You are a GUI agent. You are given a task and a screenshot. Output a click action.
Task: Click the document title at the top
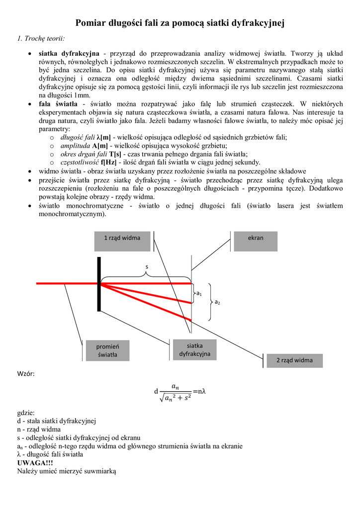pos(180,23)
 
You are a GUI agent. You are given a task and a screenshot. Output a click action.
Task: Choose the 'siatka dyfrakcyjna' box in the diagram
pos(191,349)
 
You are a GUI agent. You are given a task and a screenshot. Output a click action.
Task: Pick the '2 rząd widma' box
pos(294,360)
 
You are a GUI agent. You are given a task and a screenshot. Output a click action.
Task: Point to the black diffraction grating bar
pos(99,283)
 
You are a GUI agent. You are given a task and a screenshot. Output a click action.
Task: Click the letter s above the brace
pos(146,267)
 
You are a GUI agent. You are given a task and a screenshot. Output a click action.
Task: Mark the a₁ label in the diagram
pos(199,294)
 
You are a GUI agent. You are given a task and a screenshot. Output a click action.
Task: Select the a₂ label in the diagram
pos(217,302)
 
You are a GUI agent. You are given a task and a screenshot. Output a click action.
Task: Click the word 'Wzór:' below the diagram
pos(26,373)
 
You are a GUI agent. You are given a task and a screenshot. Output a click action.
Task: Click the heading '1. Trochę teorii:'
pos(40,38)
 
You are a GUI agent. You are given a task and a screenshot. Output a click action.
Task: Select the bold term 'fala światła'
pos(58,104)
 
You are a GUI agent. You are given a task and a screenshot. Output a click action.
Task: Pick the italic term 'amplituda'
pos(76,145)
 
